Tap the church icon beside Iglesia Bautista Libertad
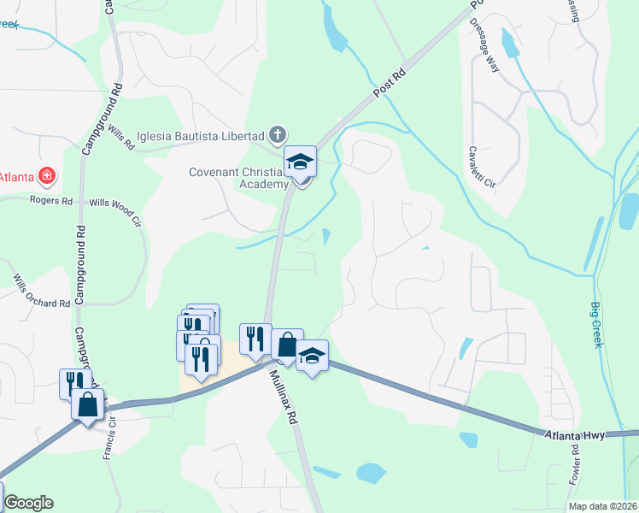[x=277, y=135]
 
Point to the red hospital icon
[x=48, y=177]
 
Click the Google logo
[x=27, y=503]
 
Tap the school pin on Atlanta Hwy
[x=312, y=357]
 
